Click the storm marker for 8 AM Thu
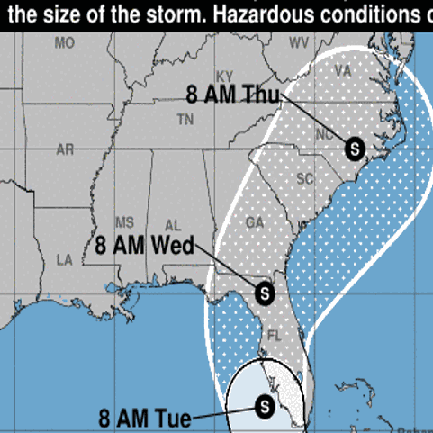pos(354,147)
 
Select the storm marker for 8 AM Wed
pos(265,292)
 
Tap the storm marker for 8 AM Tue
pos(265,407)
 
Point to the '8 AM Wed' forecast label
pos(140,246)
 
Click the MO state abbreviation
pos(64,43)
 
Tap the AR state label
pos(65,149)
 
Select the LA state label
pos(64,259)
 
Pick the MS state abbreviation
pos(125,222)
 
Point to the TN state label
pos(186,119)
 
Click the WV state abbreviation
pos(298,43)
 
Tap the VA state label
pos(342,70)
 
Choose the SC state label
pos(305,178)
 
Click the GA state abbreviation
pos(256,221)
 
